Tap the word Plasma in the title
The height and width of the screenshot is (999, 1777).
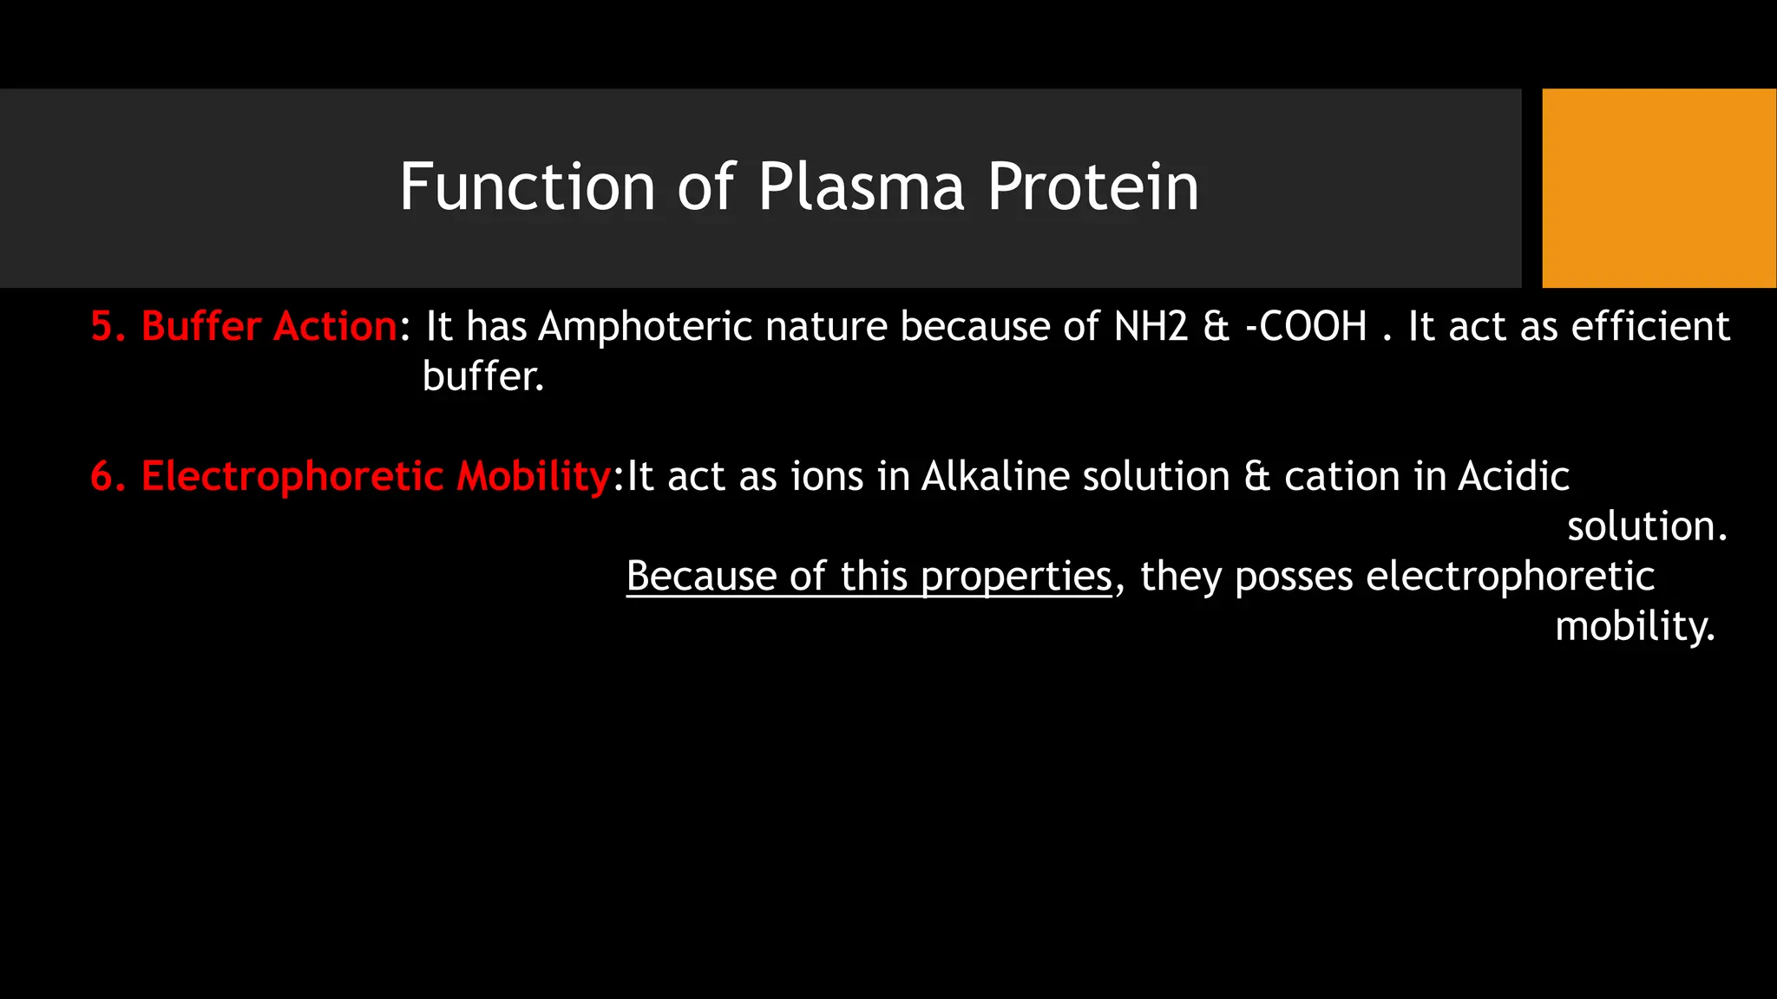click(x=861, y=187)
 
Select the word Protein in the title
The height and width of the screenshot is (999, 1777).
click(x=1093, y=187)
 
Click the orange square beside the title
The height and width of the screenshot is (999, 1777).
click(x=1659, y=187)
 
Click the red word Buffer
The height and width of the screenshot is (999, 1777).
click(x=201, y=327)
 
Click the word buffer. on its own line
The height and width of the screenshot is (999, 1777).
click(x=483, y=376)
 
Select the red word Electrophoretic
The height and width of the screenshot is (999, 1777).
click(x=292, y=477)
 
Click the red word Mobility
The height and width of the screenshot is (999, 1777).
click(x=534, y=477)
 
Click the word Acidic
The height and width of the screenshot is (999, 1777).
click(x=1513, y=477)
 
